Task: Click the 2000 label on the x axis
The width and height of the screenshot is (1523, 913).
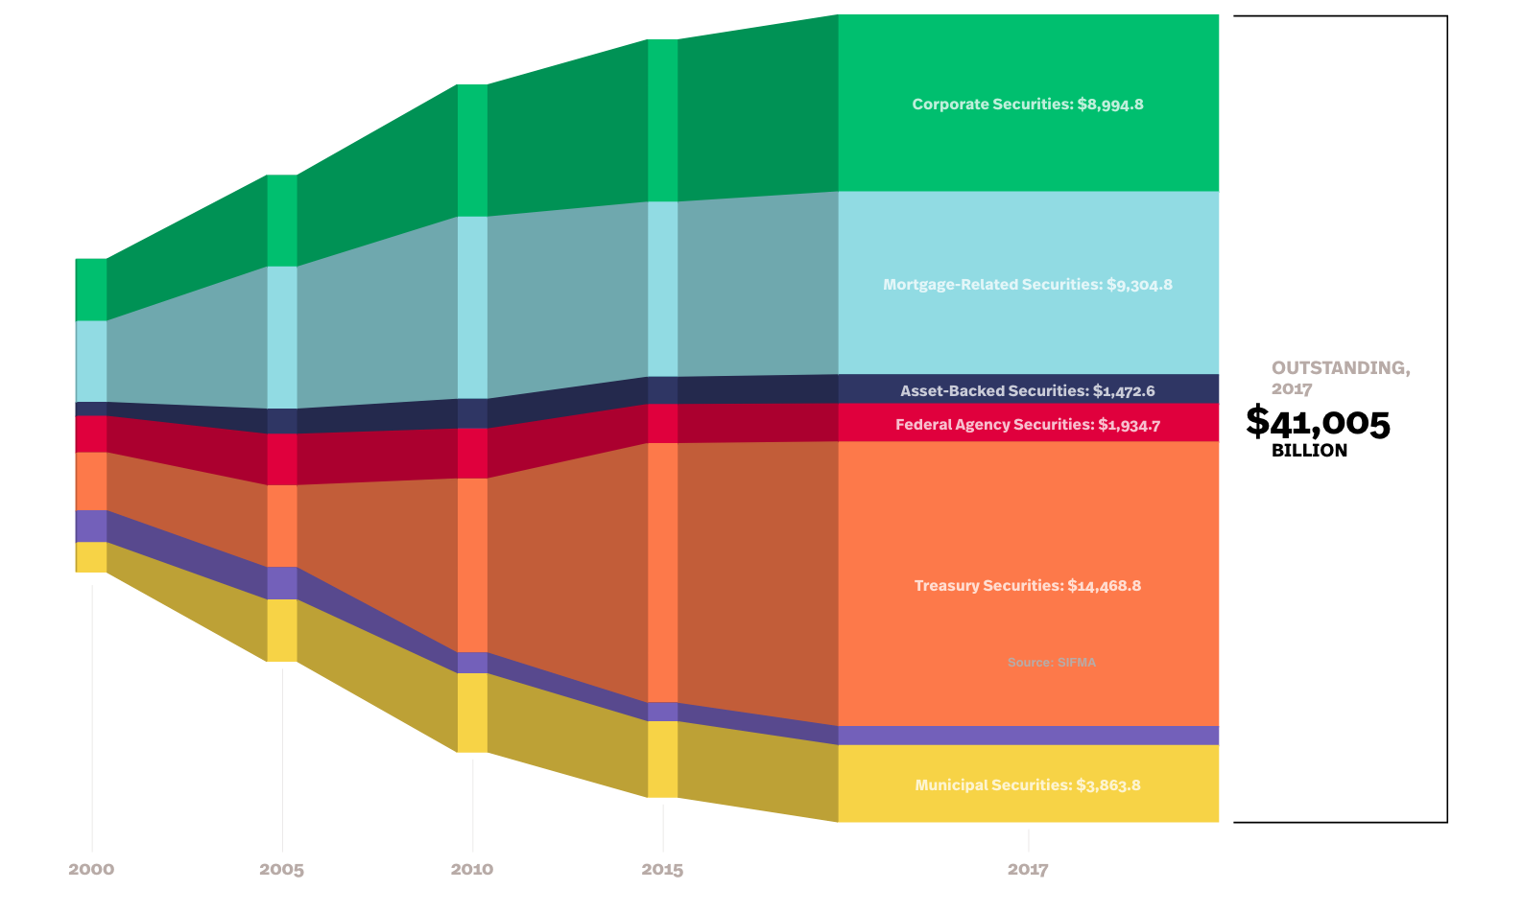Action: coord(91,869)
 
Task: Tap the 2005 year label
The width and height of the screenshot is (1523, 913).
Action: coord(281,870)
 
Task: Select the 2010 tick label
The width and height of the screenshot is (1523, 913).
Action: coord(472,869)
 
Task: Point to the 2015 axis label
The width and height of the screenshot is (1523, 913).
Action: coord(662,870)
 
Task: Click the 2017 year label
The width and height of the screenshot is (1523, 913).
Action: coord(1028,870)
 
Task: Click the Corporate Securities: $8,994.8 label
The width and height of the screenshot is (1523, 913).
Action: coord(1028,105)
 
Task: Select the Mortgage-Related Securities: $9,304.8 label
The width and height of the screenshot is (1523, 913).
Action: coord(1028,285)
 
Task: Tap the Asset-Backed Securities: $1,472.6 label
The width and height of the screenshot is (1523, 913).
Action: coord(1028,390)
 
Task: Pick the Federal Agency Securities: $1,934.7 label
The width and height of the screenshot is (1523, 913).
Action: coord(1028,424)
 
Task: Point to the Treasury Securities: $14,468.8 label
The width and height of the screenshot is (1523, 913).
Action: coord(1028,586)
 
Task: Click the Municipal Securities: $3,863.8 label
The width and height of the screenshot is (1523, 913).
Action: coord(1028,785)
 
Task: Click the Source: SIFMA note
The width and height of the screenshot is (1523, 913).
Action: coord(1052,663)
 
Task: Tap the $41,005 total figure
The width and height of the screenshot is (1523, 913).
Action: coord(1318,422)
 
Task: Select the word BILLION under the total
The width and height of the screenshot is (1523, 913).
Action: coord(1309,451)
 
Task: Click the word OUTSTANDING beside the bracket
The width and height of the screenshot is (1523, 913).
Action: coord(1340,368)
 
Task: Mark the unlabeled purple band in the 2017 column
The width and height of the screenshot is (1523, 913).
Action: coord(1028,736)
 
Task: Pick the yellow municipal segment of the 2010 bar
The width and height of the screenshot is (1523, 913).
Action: coord(472,713)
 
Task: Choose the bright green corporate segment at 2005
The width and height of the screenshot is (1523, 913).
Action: coord(281,221)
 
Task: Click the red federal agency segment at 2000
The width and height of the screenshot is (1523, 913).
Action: coord(91,433)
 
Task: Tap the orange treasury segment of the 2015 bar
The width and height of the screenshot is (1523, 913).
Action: coord(662,573)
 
